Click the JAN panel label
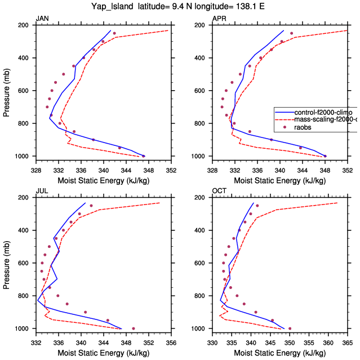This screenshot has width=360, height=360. click(x=42, y=19)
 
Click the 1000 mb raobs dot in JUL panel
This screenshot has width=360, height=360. click(x=133, y=328)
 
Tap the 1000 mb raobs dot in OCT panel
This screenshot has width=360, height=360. click(x=290, y=328)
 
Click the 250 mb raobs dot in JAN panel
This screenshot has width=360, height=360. click(x=114, y=33)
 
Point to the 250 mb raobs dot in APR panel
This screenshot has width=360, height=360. click(x=291, y=33)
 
